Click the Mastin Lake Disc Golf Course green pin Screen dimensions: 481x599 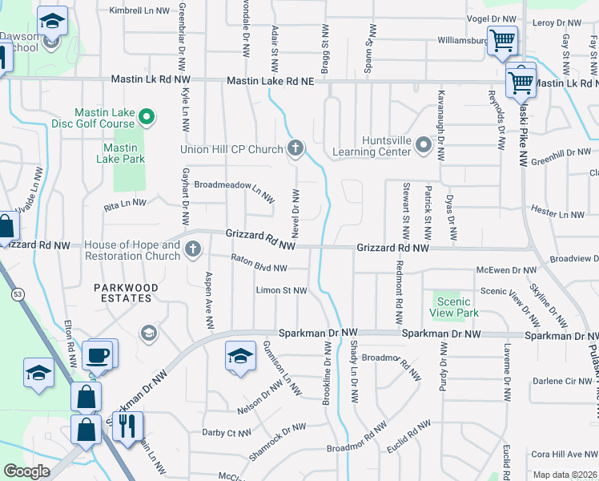(x=146, y=119)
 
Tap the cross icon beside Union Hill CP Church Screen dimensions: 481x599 (x=295, y=148)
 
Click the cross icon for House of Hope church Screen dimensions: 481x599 (x=192, y=250)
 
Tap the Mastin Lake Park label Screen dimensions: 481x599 (x=123, y=153)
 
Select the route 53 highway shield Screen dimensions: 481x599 (x=17, y=296)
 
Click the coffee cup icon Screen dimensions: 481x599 (x=98, y=354)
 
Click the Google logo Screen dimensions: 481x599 (x=26, y=471)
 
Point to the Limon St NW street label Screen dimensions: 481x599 (x=281, y=290)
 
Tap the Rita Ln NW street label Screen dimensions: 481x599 (x=125, y=206)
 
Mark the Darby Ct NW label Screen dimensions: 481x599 (x=228, y=433)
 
